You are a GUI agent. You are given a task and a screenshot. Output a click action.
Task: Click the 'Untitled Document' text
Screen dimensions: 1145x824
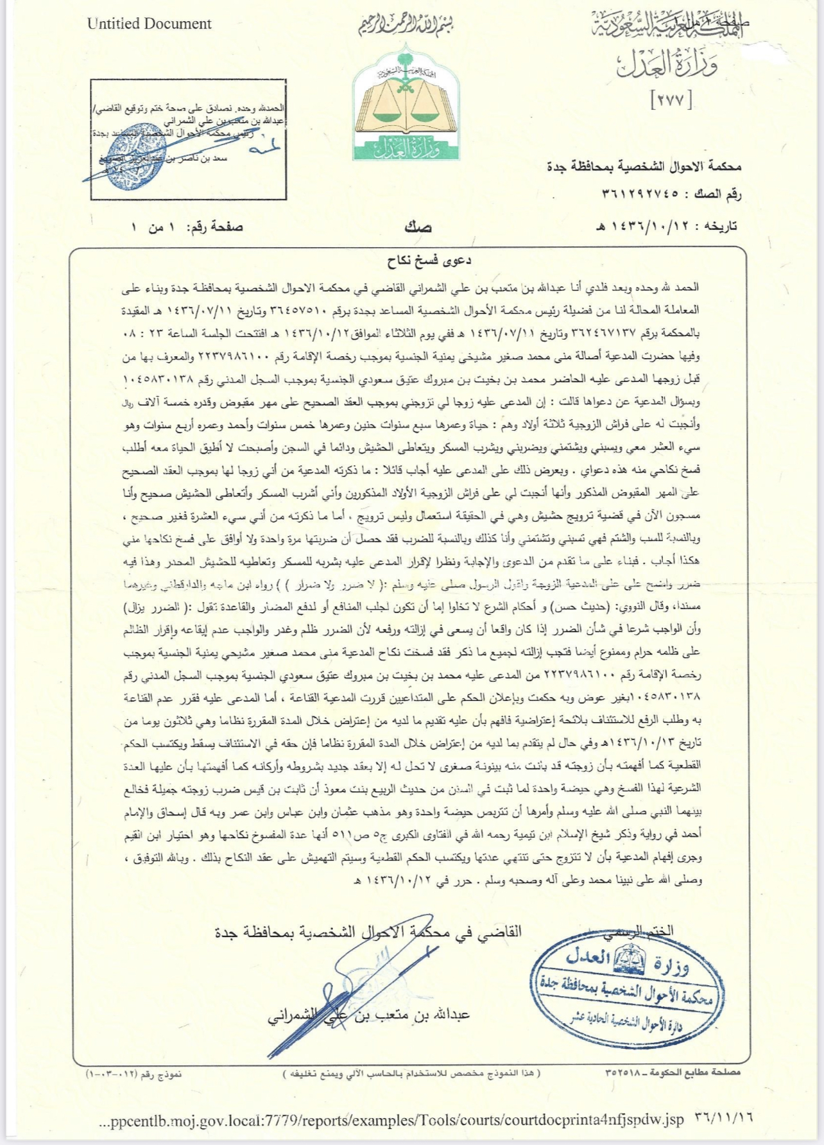click(x=149, y=24)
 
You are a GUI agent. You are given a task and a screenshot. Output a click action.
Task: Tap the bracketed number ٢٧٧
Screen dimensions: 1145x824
click(x=671, y=100)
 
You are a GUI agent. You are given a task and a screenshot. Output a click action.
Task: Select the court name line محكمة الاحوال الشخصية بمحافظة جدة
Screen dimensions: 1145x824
click(x=644, y=166)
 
